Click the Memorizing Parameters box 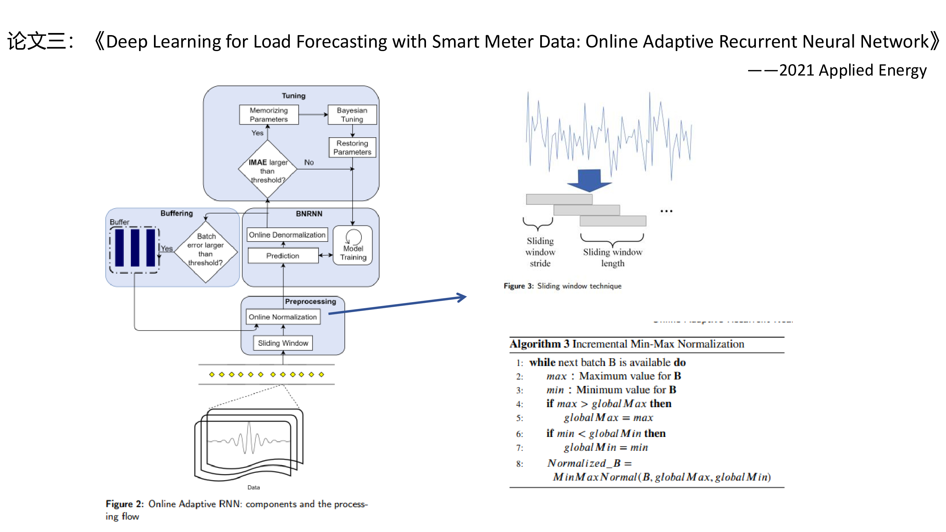click(x=269, y=115)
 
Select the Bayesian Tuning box click(x=352, y=115)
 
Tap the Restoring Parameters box click(x=352, y=147)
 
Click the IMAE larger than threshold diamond click(x=267, y=170)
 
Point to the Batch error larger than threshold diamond click(x=206, y=251)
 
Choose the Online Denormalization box click(x=287, y=234)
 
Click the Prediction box click(x=283, y=255)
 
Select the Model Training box click(x=353, y=246)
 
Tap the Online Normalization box click(x=282, y=317)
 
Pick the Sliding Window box click(x=283, y=343)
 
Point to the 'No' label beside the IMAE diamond click(x=309, y=162)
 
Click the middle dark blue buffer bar click(x=135, y=248)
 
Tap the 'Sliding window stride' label click(x=540, y=252)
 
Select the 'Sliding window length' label click(x=612, y=257)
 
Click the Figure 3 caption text click(x=562, y=286)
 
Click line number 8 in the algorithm click(x=519, y=464)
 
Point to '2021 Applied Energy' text click(x=852, y=70)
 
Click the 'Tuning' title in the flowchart click(x=293, y=96)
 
